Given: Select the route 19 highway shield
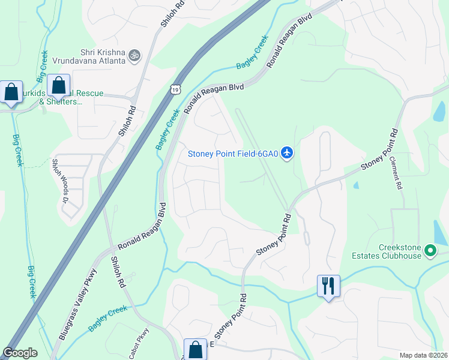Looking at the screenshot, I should pos(174,89).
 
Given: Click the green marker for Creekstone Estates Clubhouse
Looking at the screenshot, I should pos(430,251).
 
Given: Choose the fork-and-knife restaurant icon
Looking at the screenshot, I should pos(328,285).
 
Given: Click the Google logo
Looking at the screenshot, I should pos(20,353).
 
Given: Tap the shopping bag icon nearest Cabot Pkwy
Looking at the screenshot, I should pos(194,350).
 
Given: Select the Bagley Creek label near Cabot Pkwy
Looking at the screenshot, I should pos(109,318).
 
